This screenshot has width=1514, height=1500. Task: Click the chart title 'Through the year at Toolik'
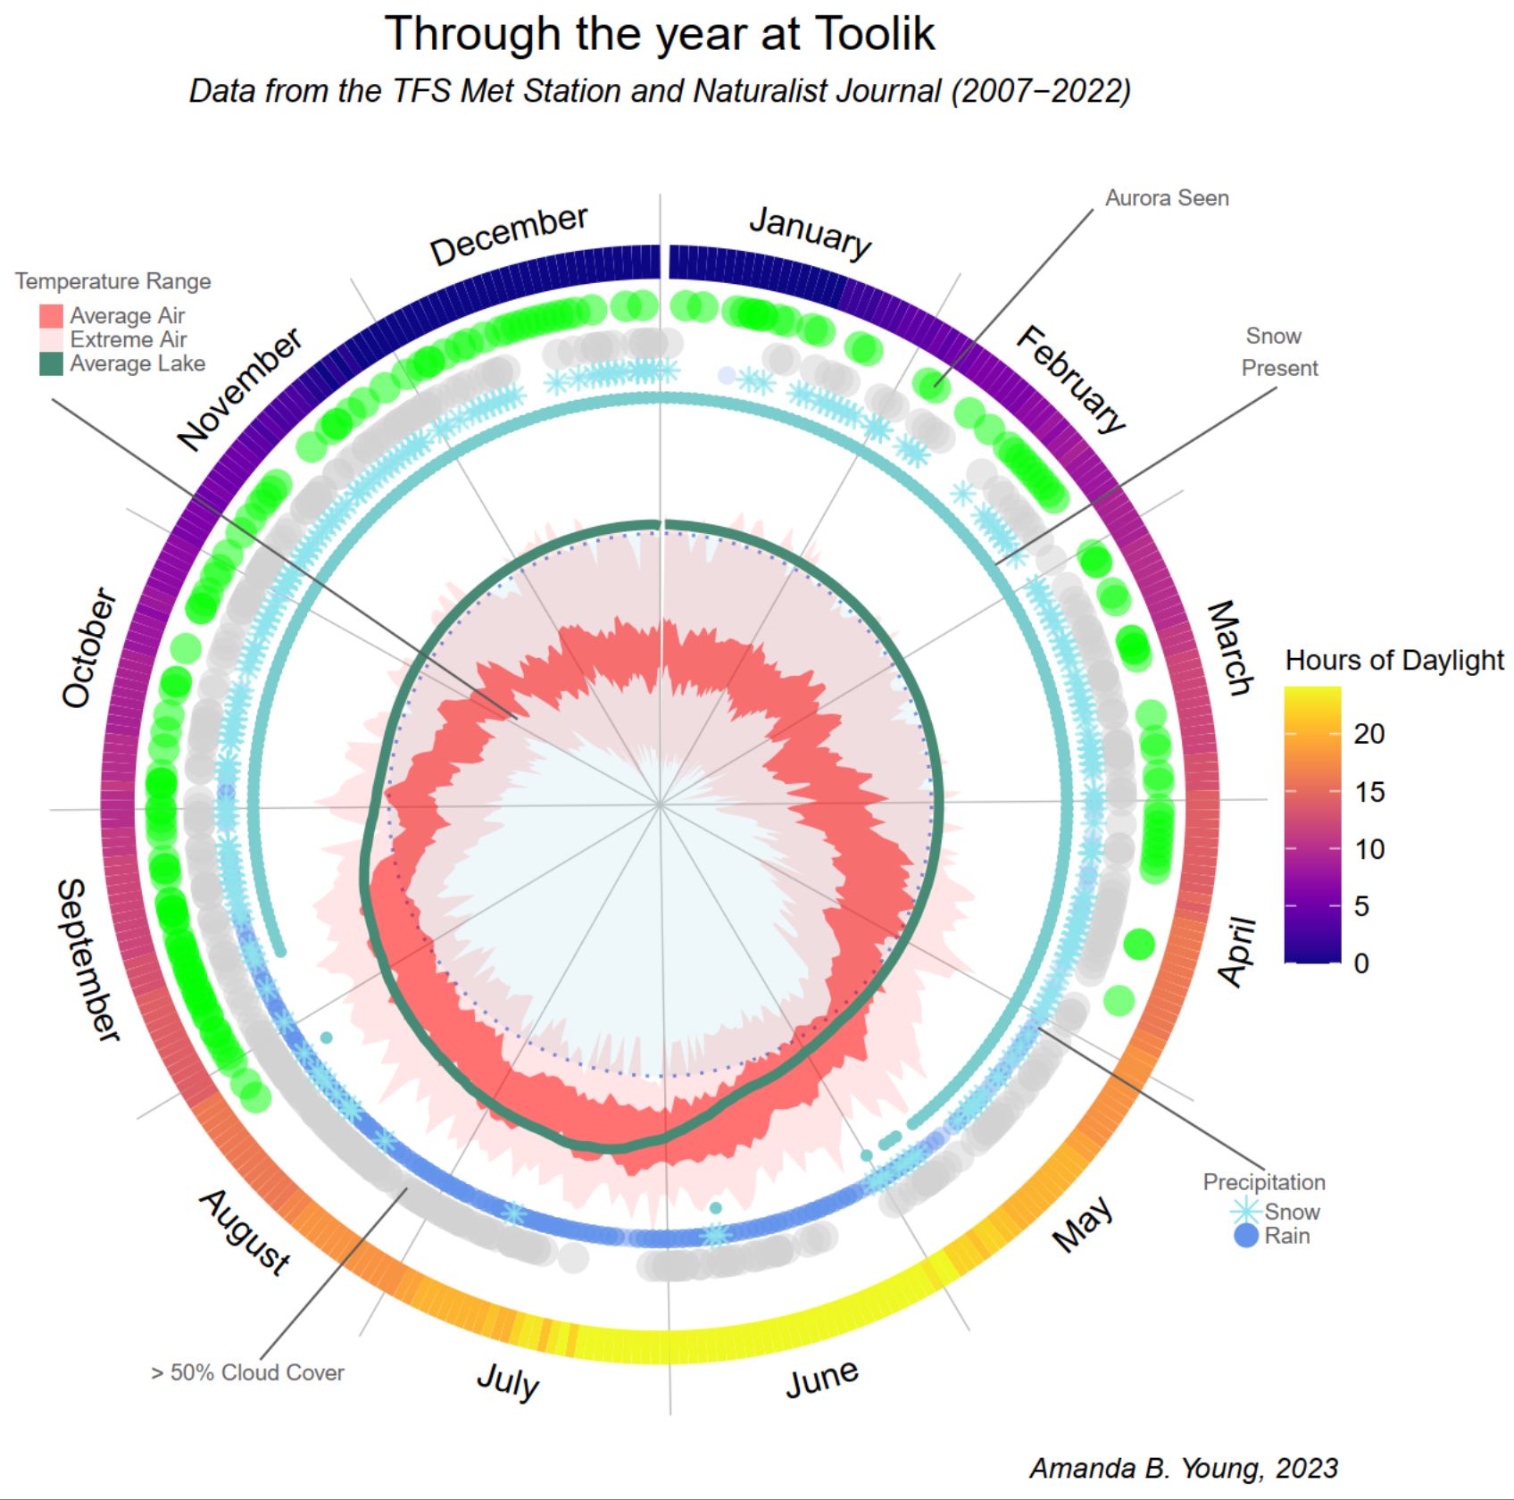(660, 34)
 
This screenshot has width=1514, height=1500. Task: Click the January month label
(810, 232)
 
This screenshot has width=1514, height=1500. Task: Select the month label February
(1070, 379)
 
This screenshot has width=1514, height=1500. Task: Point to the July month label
(507, 1380)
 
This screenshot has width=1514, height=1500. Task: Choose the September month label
(86, 960)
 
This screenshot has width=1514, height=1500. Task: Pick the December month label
(509, 236)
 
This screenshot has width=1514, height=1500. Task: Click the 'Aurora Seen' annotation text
(1167, 198)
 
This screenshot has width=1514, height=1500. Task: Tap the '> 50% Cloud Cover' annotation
(247, 1372)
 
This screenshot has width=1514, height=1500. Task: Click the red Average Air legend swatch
(52, 316)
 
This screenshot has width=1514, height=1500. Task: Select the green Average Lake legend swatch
(52, 364)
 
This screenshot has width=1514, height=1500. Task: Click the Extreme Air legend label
(129, 340)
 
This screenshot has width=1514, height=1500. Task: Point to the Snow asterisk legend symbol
(1245, 1212)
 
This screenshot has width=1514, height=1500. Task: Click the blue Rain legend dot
(1245, 1237)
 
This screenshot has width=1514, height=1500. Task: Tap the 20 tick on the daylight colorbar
(1368, 734)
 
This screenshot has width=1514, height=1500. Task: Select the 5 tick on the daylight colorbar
(1361, 906)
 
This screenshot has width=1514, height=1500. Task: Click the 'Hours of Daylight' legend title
(1394, 661)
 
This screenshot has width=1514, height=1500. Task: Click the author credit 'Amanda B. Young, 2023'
(1184, 1468)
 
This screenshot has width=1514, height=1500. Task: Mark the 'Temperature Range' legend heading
(113, 281)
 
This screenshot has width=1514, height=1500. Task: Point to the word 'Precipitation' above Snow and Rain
(1264, 1182)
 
